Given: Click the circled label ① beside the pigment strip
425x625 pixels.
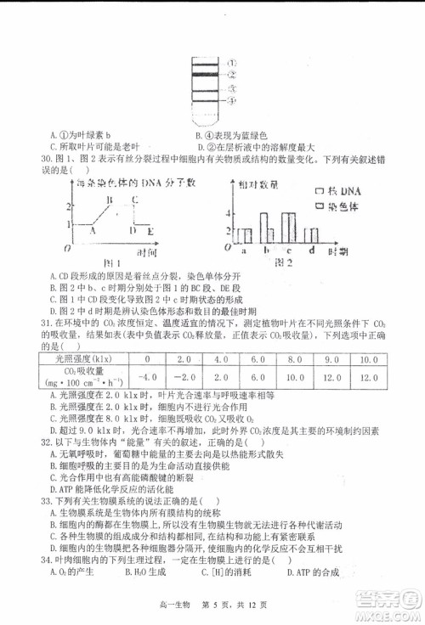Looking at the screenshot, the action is (x=231, y=63).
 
